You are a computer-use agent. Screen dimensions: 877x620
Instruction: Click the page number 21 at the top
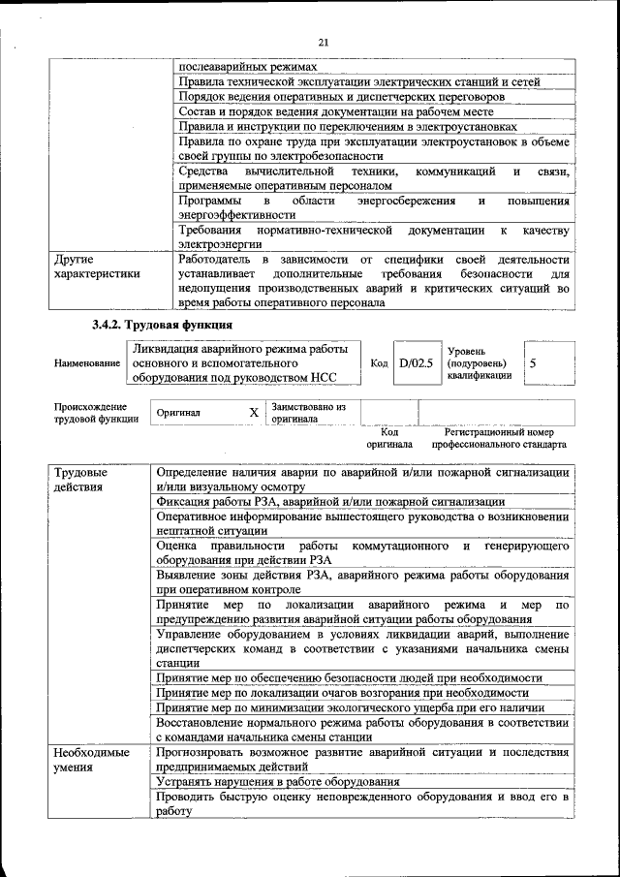pyautogui.click(x=324, y=41)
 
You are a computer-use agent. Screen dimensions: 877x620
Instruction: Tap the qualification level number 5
pyautogui.click(x=533, y=362)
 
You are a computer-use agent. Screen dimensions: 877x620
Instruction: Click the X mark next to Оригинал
pyautogui.click(x=254, y=412)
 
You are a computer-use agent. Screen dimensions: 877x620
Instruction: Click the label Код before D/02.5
pyautogui.click(x=379, y=362)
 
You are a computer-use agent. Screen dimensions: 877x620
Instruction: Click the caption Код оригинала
pyautogui.click(x=389, y=438)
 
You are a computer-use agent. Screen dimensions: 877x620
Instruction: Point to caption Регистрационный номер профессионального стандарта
pyautogui.click(x=499, y=438)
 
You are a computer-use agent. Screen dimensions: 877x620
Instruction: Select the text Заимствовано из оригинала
pyautogui.click(x=308, y=413)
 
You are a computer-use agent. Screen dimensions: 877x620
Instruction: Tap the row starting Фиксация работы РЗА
pyautogui.click(x=329, y=502)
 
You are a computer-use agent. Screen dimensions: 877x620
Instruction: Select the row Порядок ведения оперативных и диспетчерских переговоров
pyautogui.click(x=340, y=97)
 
